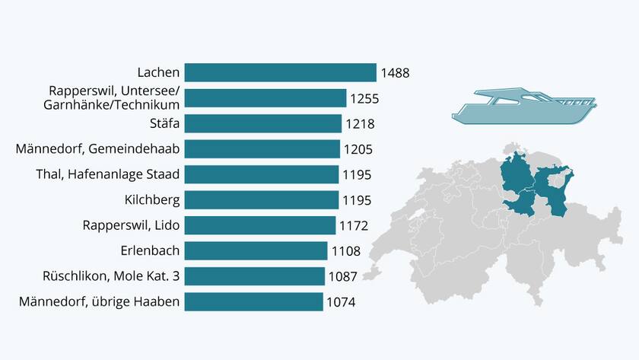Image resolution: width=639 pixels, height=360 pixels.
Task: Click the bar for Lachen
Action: coord(280,73)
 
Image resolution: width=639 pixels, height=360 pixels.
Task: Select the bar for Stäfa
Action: coord(262,123)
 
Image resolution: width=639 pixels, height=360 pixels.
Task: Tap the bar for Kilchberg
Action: coord(261,200)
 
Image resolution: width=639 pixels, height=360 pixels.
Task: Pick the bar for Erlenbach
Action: coord(256,251)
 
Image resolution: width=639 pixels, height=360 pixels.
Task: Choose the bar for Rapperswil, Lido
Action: coord(259,225)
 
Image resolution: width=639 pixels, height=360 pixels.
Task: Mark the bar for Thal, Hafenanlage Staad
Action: coord(261,174)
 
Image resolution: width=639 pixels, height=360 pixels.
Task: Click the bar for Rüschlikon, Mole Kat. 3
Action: coord(254,276)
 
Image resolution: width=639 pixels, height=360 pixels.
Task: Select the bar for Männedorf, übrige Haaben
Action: coord(253,302)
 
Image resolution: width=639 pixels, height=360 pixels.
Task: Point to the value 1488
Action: coord(395,73)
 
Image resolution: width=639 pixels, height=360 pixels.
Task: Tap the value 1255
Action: coord(364,98)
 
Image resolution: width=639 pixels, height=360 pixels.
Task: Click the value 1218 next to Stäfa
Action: coord(360,124)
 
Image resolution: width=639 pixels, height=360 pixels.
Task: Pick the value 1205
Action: coord(358,149)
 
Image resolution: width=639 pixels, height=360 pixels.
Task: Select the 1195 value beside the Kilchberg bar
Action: coord(356,200)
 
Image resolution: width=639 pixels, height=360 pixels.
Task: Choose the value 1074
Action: coord(341,302)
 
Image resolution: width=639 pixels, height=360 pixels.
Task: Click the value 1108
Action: coord(345,251)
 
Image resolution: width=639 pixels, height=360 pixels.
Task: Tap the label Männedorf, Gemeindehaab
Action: coord(97,149)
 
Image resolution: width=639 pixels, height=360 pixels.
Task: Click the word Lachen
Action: coord(158,73)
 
